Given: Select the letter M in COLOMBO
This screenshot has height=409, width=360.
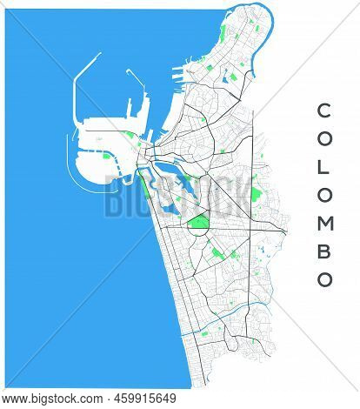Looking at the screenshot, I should click(x=323, y=224).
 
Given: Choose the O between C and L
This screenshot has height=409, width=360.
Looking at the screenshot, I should click(x=323, y=139).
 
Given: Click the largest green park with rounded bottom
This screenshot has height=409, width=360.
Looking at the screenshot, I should click(x=198, y=224).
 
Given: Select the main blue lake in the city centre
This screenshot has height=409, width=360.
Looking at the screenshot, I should click(x=174, y=187).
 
